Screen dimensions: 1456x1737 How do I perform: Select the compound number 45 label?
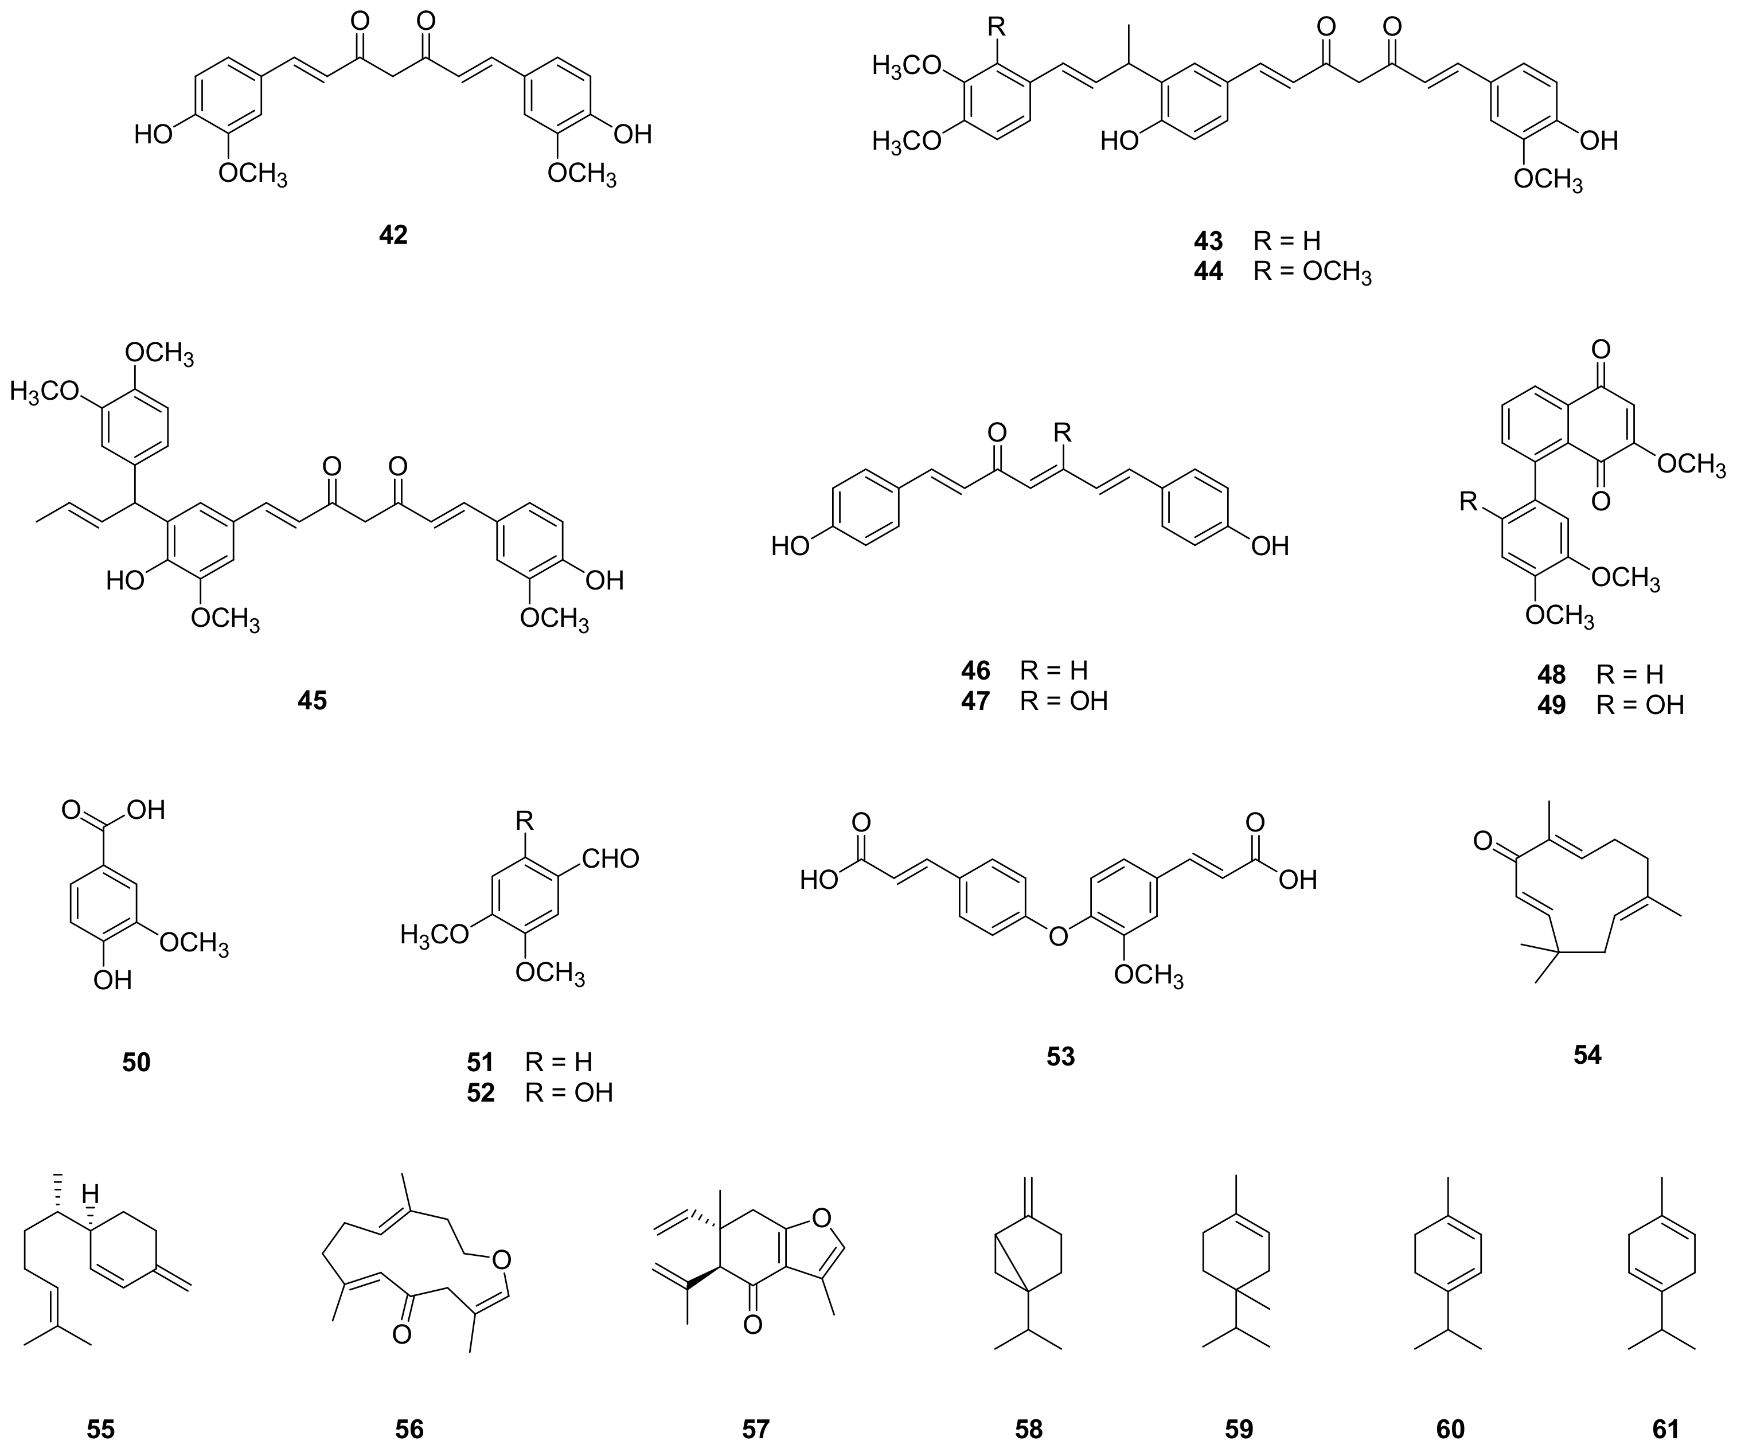pyautogui.click(x=312, y=701)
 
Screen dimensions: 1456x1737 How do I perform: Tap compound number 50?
pyautogui.click(x=136, y=1061)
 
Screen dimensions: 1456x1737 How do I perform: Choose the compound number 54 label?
pyautogui.click(x=1587, y=1054)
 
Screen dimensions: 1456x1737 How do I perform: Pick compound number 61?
pyautogui.click(x=1666, y=1428)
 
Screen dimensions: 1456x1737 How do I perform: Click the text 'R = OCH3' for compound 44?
pyautogui.click(x=1312, y=272)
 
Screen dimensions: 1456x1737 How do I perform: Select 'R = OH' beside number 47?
pyautogui.click(x=1064, y=701)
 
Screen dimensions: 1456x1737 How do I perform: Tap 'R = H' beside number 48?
pyautogui.click(x=1629, y=674)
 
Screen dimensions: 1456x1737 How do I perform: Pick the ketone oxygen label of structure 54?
pyautogui.click(x=1482, y=843)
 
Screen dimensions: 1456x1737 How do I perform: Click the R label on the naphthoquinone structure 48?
pyautogui.click(x=1469, y=502)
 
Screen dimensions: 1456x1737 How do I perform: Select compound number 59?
pyautogui.click(x=1239, y=1428)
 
